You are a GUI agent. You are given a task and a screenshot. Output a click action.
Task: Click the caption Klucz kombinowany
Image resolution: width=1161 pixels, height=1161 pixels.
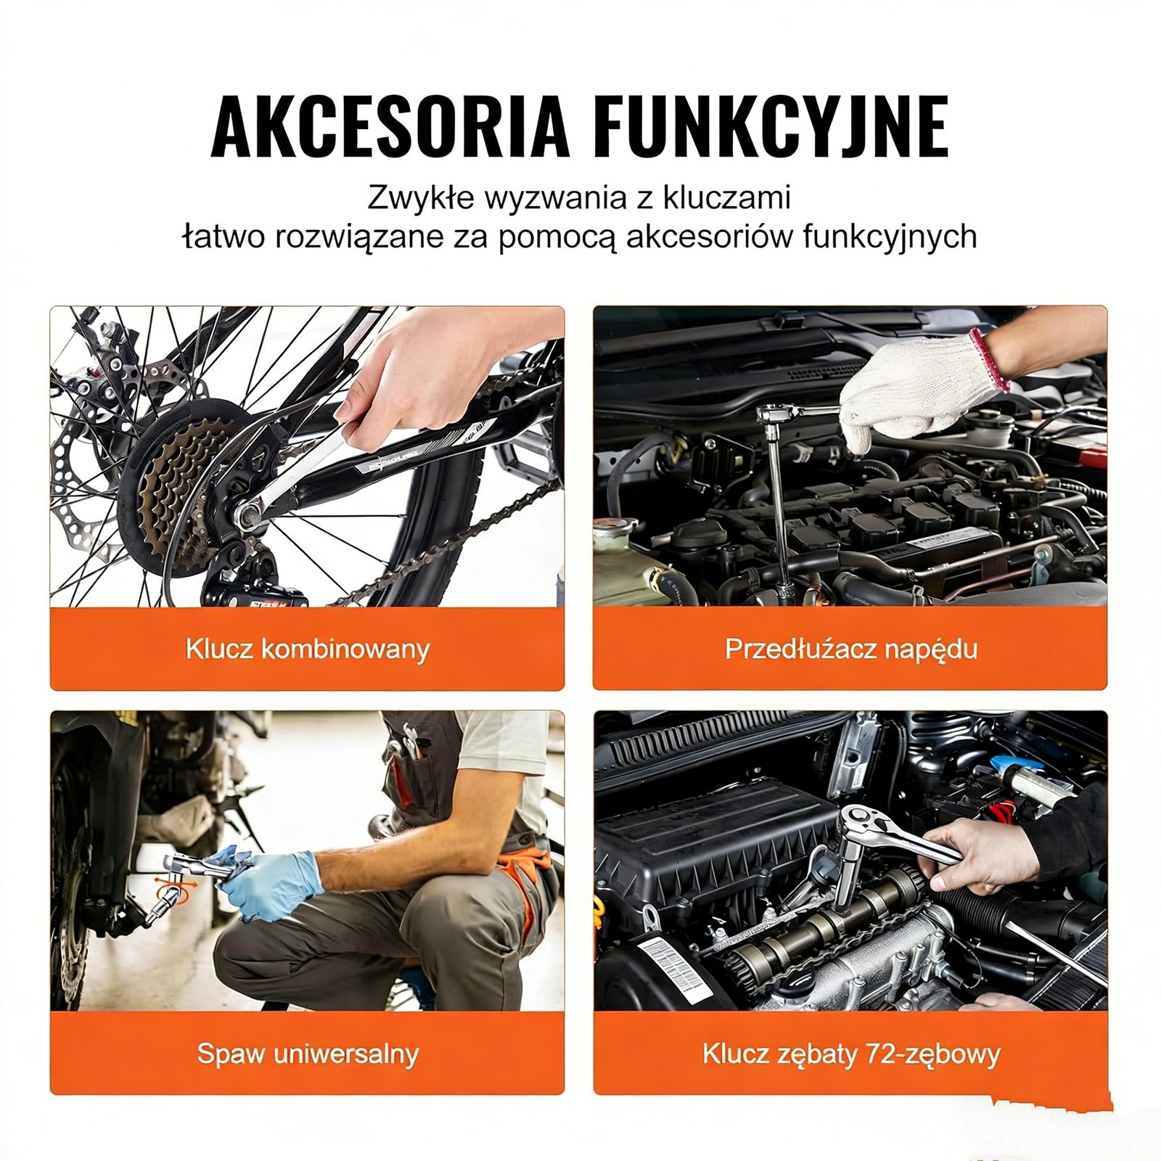tap(307, 649)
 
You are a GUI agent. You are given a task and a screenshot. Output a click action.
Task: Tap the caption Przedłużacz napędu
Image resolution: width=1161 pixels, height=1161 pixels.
tap(850, 649)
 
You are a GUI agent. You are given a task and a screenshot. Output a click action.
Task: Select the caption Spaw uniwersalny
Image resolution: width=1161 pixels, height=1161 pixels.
tap(307, 1053)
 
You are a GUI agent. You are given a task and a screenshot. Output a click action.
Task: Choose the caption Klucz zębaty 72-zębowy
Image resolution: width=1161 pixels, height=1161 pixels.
tap(850, 1053)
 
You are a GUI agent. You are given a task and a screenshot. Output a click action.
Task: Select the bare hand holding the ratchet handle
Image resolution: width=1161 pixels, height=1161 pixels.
tap(980, 856)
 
